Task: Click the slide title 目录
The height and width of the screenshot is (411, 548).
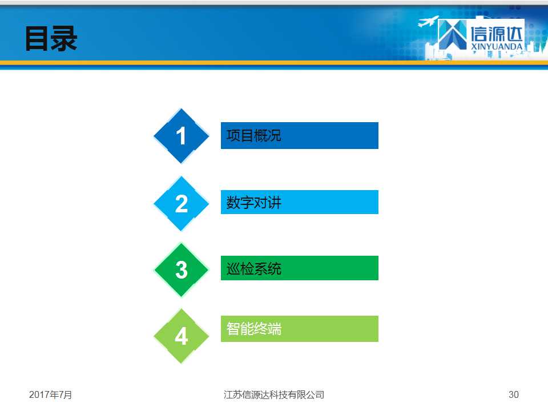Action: pos(51,39)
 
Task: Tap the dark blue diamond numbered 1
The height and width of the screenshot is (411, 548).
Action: pos(182,136)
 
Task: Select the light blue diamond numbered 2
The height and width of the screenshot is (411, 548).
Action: pos(182,203)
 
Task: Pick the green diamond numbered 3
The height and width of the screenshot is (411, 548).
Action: pos(182,270)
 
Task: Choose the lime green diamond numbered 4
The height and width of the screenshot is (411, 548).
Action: pos(182,336)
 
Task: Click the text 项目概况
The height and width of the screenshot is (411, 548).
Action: pos(253,136)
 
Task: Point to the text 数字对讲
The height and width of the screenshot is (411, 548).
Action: pos(253,202)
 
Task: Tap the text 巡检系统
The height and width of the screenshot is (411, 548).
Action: pos(253,268)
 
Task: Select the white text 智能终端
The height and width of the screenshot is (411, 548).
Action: pos(253,329)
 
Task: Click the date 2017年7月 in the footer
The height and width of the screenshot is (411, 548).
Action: pos(50,394)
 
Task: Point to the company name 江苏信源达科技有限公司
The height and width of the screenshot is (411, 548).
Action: pos(274,394)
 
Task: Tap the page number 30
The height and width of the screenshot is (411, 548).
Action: pos(513,394)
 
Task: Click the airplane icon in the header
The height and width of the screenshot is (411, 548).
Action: pos(429,21)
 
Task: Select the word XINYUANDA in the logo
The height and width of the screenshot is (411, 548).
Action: pos(497,46)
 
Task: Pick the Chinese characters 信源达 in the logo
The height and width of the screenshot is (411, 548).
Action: pos(497,34)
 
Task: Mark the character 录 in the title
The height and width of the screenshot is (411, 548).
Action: pos(65,39)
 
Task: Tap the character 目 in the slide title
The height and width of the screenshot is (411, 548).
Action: pos(37,39)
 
